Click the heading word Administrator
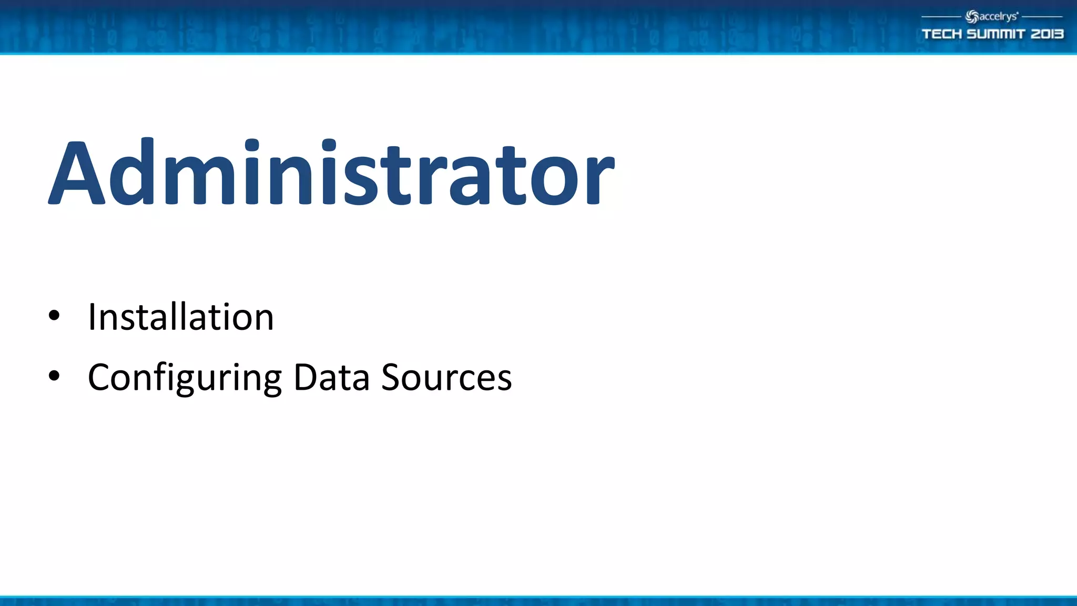pyautogui.click(x=331, y=173)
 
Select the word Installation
pyautogui.click(x=181, y=317)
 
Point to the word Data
pyautogui.click(x=331, y=377)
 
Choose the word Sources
pyautogui.click(x=446, y=377)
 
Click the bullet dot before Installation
pyautogui.click(x=54, y=316)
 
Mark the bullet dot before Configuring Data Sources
pyautogui.click(x=54, y=376)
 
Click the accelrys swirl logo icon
pyautogui.click(x=972, y=17)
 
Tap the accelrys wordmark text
pyautogui.click(x=998, y=16)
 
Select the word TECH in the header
pyautogui.click(x=942, y=34)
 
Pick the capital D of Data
pyautogui.click(x=306, y=377)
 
